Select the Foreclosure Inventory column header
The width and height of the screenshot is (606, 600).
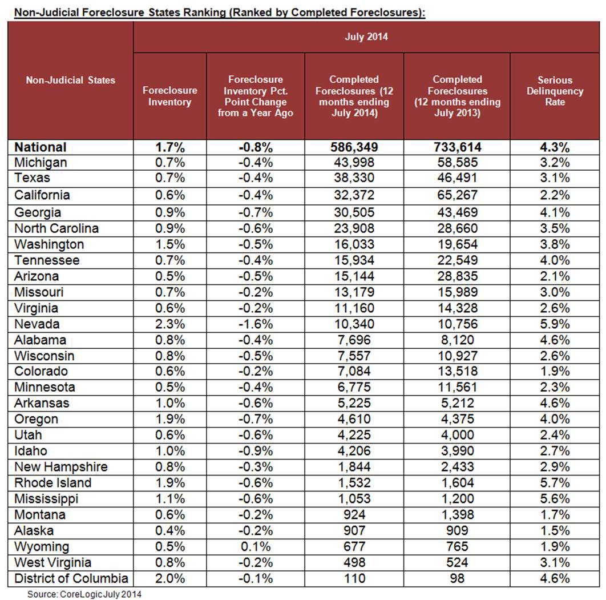pyautogui.click(x=170, y=96)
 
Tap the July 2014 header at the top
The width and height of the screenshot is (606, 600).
pyautogui.click(x=366, y=37)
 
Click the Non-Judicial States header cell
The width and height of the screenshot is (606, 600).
pyautogui.click(x=70, y=80)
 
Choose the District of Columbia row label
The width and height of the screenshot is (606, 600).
pyautogui.click(x=71, y=578)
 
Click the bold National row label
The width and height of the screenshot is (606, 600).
pyautogui.click(x=41, y=147)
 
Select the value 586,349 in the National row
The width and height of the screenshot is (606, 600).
pyautogui.click(x=354, y=147)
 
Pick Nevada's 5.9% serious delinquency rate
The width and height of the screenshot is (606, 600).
pyautogui.click(x=554, y=324)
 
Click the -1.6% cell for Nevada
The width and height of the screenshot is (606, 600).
pyautogui.click(x=256, y=324)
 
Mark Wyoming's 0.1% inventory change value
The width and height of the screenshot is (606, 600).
pyautogui.click(x=256, y=547)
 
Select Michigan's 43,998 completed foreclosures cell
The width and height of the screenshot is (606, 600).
pyautogui.click(x=354, y=162)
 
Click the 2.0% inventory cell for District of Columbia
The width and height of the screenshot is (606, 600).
pyautogui.click(x=170, y=578)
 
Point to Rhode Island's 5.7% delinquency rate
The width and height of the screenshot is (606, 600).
pyautogui.click(x=554, y=482)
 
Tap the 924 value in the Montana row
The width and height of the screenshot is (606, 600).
pyautogui.click(x=354, y=514)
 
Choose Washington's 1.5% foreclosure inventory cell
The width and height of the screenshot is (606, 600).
pyautogui.click(x=170, y=244)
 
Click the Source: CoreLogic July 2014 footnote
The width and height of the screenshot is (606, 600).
pyautogui.click(x=84, y=594)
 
